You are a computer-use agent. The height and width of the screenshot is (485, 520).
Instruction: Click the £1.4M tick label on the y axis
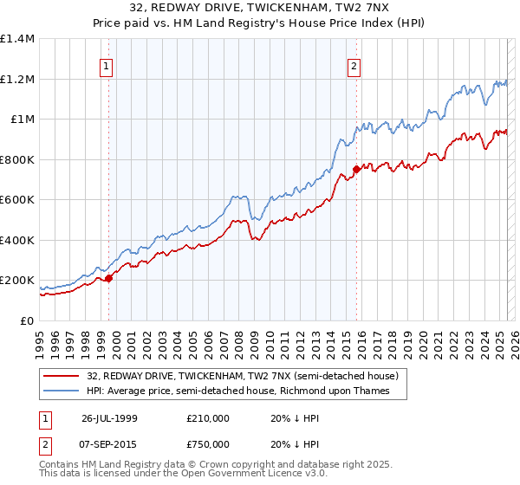pos(17,39)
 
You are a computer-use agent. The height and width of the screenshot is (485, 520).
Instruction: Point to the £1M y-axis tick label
pos(22,120)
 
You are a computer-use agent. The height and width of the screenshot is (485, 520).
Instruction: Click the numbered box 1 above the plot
pos(106,64)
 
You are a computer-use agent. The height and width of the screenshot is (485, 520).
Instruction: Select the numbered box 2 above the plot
pos(354,64)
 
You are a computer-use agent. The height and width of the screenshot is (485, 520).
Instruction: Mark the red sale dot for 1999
pos(109,279)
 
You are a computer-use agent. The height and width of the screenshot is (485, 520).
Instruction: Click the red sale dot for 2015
pos(356,170)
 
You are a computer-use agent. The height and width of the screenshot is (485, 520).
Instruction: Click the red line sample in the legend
pos(62,376)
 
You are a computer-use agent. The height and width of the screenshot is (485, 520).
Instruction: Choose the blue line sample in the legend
pos(62,391)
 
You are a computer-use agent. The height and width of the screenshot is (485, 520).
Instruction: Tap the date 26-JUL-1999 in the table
pos(110,418)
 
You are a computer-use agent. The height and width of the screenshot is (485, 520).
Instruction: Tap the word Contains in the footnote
pos(62,466)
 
